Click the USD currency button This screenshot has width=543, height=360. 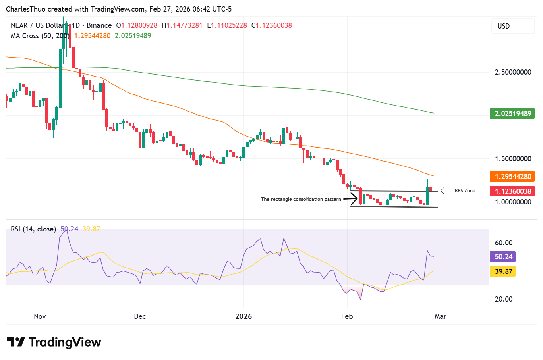click(512, 26)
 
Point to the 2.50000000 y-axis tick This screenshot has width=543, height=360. click(513, 72)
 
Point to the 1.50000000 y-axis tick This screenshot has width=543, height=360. click(513, 159)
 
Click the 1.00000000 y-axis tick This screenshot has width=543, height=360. click(513, 202)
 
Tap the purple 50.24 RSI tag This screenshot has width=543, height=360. click(503, 257)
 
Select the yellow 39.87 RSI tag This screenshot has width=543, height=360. click(503, 271)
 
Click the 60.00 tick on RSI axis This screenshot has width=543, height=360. click(504, 243)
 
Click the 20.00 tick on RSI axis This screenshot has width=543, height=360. click(504, 299)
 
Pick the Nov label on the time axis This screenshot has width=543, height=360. click(40, 316)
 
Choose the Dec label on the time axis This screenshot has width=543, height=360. click(140, 316)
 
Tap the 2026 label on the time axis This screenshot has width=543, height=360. click(243, 316)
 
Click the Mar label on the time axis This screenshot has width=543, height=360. click(441, 316)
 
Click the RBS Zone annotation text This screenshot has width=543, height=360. click(465, 191)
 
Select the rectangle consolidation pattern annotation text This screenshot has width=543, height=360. click(301, 199)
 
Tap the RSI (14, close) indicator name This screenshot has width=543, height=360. click(33, 229)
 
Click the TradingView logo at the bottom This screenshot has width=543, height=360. click(54, 342)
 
